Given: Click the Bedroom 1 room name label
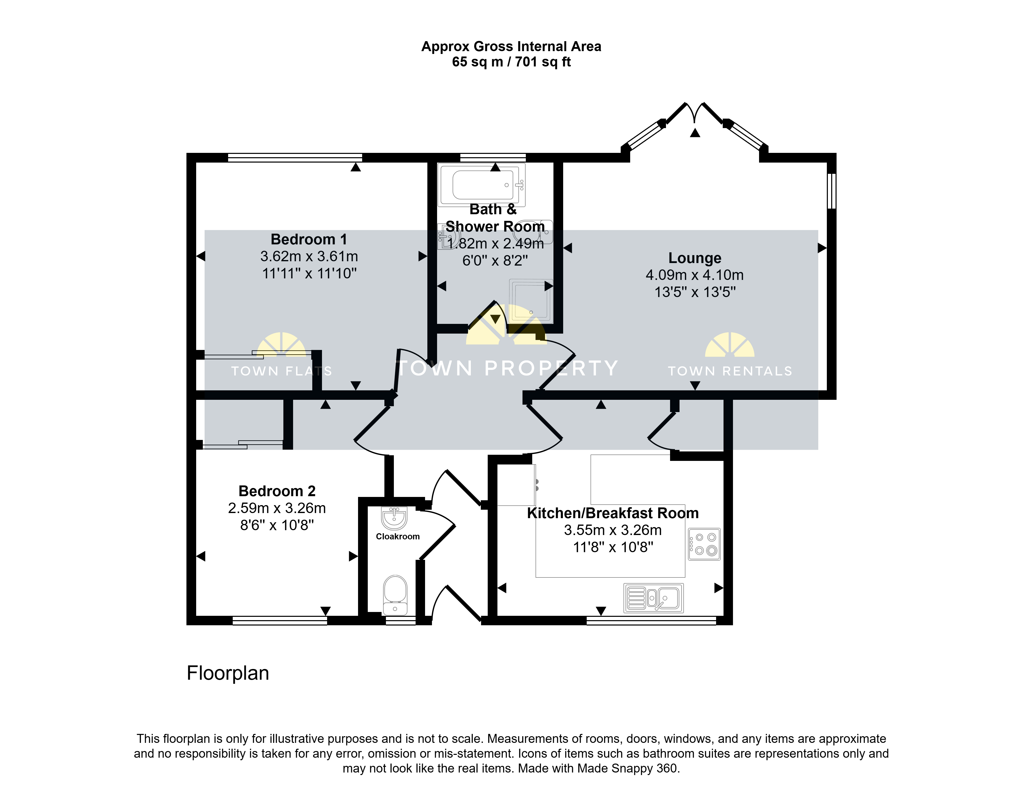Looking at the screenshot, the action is [x=309, y=239].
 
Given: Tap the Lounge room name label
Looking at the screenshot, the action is [x=695, y=258].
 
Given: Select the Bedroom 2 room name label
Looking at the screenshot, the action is [x=277, y=491].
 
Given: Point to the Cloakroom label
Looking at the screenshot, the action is [x=398, y=537].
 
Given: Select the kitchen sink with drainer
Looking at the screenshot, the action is [x=653, y=598].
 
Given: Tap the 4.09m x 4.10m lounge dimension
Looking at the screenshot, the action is [x=695, y=275].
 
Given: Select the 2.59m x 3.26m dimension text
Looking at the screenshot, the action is [x=277, y=508].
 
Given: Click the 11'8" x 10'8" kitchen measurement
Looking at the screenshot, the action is [x=613, y=547].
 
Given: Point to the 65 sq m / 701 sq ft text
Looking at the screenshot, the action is [x=511, y=62].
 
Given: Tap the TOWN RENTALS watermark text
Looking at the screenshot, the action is [x=730, y=371].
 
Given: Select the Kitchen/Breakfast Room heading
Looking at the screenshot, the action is [x=613, y=513].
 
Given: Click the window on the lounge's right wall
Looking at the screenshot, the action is [x=831, y=191].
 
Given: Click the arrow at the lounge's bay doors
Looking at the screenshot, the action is [x=695, y=133].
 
